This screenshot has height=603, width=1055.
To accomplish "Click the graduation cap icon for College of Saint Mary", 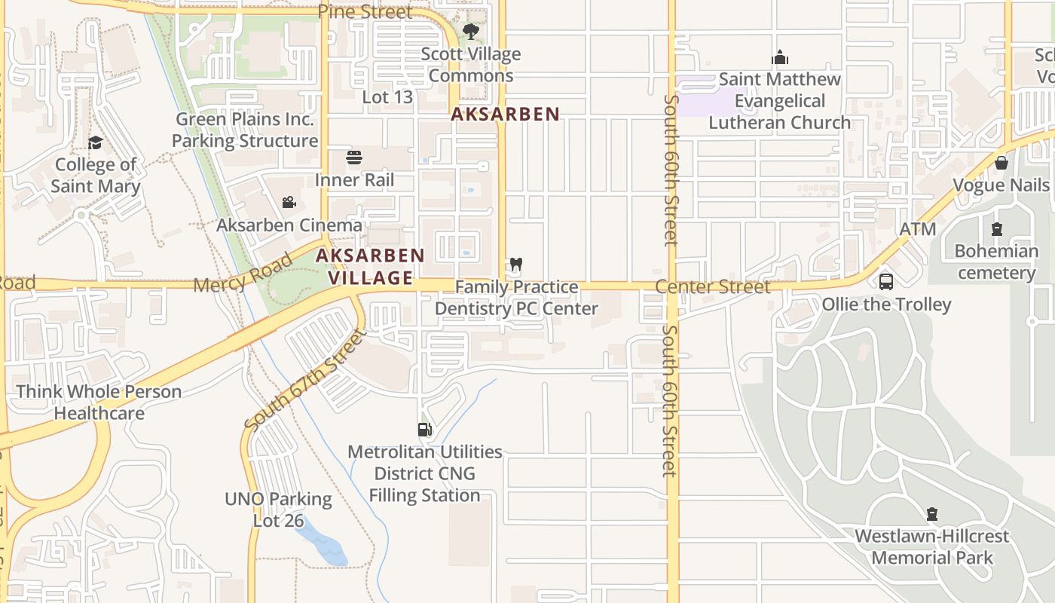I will coord(95,143).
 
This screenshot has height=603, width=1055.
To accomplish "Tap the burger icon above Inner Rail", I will coord(354,158).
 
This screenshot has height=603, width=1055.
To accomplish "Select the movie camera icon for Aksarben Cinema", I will coord(289,202).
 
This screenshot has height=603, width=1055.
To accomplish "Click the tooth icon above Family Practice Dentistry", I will coord(516,265).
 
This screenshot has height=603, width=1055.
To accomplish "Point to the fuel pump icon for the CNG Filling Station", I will coord(425,430).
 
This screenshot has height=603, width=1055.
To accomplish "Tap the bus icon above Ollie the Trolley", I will coord(886,282).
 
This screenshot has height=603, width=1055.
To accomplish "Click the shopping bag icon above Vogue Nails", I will coord(1001,163).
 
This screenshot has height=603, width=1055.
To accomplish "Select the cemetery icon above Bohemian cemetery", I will coord(997,228).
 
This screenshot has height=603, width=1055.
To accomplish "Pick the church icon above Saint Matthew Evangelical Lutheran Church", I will coord(780,57).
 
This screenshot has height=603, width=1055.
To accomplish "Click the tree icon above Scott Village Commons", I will coord(471,32).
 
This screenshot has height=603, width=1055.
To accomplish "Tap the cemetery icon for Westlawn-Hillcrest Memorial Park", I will coord(932,514).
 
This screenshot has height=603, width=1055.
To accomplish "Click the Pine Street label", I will coord(365,12).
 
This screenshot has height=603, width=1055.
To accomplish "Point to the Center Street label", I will coord(713,286).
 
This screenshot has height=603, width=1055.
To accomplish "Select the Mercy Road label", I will coord(243,274).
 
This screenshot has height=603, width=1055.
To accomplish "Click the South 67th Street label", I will coord(304,381).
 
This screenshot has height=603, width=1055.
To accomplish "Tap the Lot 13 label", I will coord(387,97).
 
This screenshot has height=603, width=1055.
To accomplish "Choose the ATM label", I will coord(918,229).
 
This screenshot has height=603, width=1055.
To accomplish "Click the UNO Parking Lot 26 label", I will coord(278,510).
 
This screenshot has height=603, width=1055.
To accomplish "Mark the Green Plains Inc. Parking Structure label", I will coord(245,130).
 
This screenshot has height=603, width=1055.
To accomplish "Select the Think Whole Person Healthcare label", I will coord(99,403).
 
